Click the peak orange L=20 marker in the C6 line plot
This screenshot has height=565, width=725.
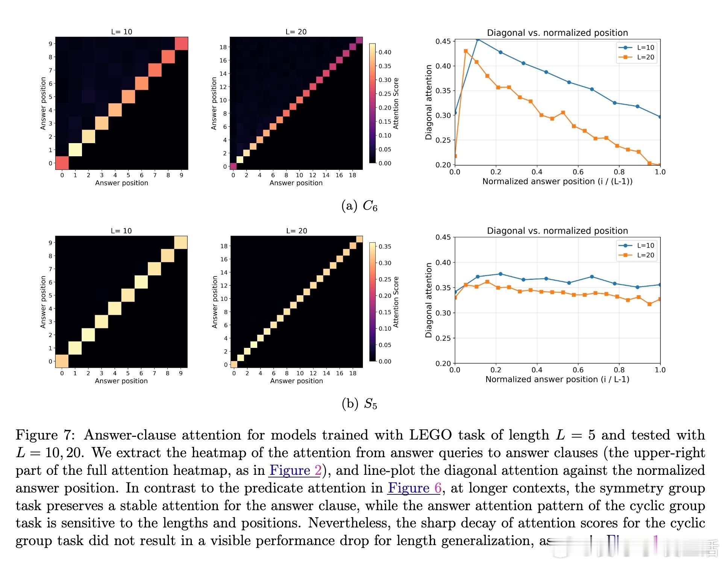pos(466,51)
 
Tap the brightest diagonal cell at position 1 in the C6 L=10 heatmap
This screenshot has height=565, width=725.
pos(75,150)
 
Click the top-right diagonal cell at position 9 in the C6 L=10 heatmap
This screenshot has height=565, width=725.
pos(181,44)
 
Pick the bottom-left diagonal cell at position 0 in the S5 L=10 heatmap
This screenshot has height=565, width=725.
pos(62,361)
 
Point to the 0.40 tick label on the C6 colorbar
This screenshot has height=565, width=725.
pos(385,52)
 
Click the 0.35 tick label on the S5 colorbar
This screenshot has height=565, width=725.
pos(385,246)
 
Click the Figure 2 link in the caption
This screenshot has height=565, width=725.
pos(295,470)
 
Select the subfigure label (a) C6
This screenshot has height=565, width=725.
pos(359,206)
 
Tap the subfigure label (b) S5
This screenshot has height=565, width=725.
pos(359,403)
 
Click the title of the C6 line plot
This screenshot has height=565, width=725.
pos(557,33)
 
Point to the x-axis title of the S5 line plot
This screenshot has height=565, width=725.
pos(557,379)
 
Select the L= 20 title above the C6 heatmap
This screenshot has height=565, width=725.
pos(296,32)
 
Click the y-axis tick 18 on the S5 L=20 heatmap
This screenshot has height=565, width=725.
pos(224,246)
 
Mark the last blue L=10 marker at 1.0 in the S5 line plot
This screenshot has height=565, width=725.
pos(660,285)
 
